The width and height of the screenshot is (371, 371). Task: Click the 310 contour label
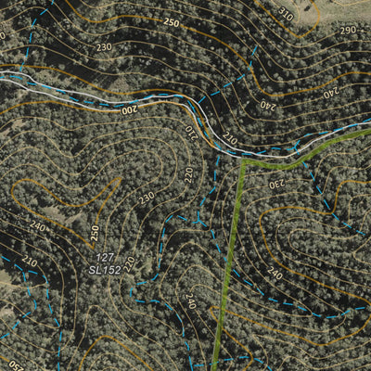tap(284, 16)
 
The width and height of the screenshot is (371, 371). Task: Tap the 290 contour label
tap(347, 30)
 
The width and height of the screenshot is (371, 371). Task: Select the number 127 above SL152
tap(105, 257)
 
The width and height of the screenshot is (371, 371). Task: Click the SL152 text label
tap(105, 269)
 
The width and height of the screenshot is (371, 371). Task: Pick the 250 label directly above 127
tap(94, 231)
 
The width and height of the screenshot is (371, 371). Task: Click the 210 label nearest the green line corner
tap(230, 141)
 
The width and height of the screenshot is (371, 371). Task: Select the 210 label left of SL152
tap(31, 262)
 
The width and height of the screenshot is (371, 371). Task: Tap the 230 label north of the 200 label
tap(103, 46)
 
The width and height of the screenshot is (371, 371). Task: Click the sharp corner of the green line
tap(242, 161)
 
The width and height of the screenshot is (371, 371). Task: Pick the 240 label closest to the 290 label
tap(330, 92)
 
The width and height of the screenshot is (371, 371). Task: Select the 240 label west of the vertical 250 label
tap(37, 225)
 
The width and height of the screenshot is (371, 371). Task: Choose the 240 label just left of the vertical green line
tap(189, 301)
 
